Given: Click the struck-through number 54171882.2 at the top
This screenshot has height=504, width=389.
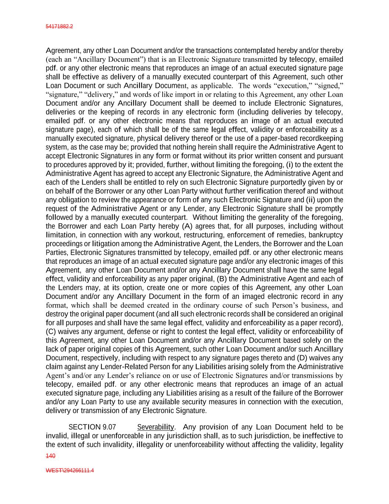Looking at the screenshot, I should point(59,27).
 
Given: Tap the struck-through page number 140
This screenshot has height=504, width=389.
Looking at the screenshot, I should point(51,456).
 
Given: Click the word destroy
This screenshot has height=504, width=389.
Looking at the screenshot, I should point(57,314).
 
